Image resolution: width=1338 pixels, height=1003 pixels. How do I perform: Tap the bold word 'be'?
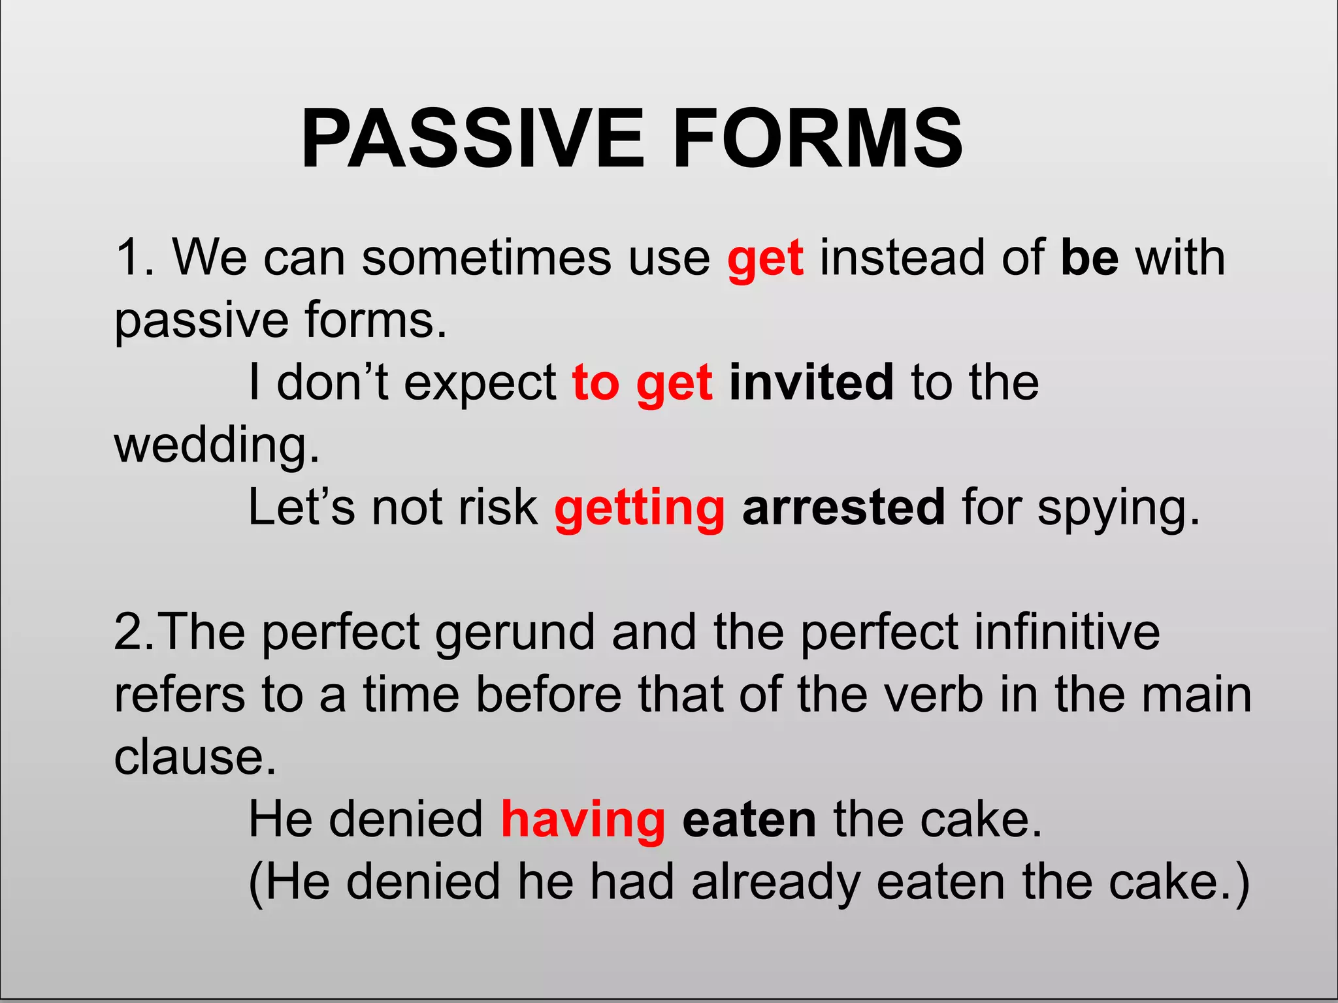1090,258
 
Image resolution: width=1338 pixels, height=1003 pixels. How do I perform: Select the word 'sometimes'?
487,258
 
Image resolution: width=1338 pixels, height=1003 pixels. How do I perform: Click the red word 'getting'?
640,509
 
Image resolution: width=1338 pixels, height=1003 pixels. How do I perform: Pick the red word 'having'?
583,820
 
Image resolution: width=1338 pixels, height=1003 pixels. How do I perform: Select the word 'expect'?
480,384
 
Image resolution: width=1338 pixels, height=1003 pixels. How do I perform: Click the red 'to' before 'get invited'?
596,383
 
